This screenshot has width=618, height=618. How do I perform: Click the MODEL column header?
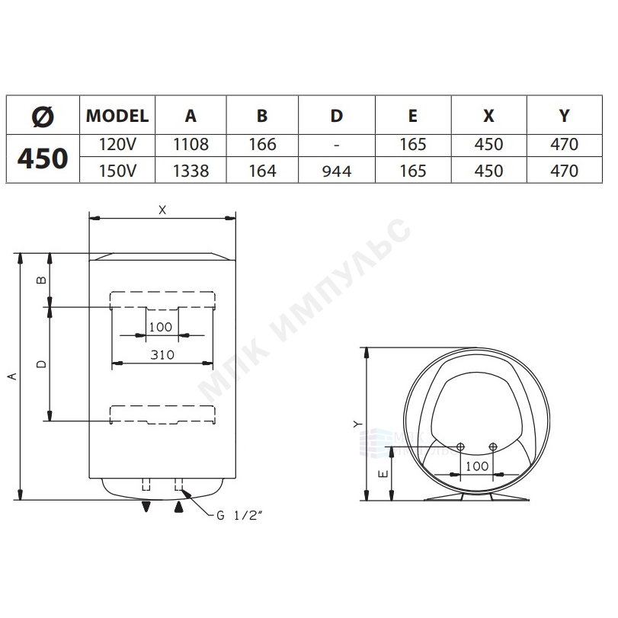[x=117, y=116]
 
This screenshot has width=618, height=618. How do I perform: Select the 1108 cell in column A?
[x=191, y=145]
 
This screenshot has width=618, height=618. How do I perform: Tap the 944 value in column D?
[x=337, y=171]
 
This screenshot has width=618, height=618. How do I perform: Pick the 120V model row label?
[x=117, y=145]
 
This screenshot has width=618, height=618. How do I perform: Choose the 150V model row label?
[x=117, y=171]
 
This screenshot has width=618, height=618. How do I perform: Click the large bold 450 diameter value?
[x=43, y=159]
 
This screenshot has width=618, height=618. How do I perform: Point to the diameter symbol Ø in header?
[x=43, y=117]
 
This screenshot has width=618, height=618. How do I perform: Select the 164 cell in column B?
[x=262, y=171]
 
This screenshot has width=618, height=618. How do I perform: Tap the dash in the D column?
[x=336, y=145]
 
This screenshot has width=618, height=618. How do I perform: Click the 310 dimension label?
[x=162, y=354]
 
